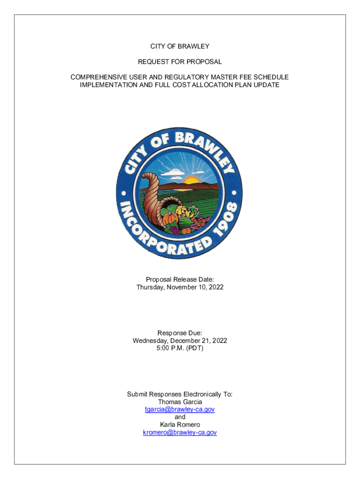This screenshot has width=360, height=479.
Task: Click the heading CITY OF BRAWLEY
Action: click(180, 46)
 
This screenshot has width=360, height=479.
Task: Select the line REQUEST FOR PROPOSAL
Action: click(180, 62)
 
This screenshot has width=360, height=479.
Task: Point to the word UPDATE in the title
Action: click(266, 85)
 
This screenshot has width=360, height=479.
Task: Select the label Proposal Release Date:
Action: click(180, 279)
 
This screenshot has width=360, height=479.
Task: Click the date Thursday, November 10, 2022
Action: click(180, 287)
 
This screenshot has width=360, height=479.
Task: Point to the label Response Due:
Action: click(180, 333)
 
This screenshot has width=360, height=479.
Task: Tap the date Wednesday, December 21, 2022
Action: click(180, 341)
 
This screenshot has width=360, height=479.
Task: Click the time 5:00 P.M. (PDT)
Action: click(180, 348)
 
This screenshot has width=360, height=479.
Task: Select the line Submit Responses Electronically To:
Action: click(180, 394)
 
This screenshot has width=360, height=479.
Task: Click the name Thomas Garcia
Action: click(180, 402)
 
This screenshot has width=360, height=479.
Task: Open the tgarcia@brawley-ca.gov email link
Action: click(180, 409)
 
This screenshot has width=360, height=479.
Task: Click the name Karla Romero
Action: click(180, 425)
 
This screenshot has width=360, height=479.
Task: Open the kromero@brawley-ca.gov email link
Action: click(180, 433)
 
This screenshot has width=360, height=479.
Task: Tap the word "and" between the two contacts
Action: click(180, 417)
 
